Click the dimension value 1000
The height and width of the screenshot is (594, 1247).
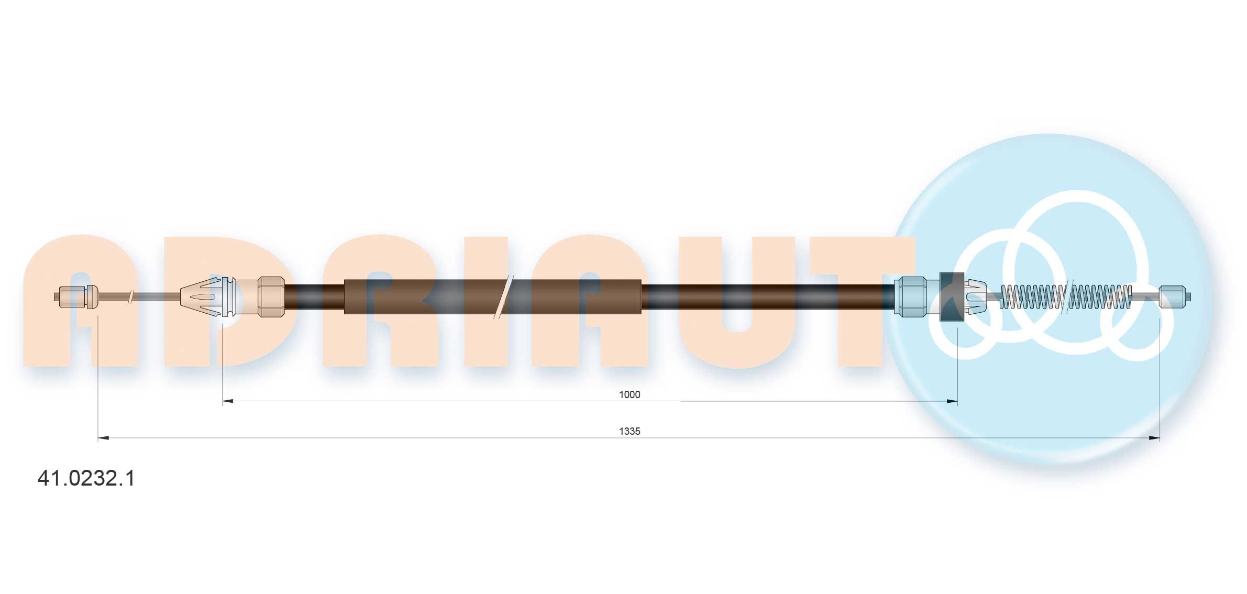[629, 394]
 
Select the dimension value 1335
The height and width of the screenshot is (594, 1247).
[629, 431]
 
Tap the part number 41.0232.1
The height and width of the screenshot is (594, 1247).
[86, 478]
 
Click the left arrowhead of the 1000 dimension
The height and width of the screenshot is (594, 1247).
[228, 401]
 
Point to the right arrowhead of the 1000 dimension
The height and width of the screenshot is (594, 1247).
[952, 401]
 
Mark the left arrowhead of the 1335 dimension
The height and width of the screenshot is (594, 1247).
[104, 438]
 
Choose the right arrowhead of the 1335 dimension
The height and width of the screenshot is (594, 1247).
[1154, 438]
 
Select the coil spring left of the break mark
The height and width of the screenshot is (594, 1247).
[1032, 296]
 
